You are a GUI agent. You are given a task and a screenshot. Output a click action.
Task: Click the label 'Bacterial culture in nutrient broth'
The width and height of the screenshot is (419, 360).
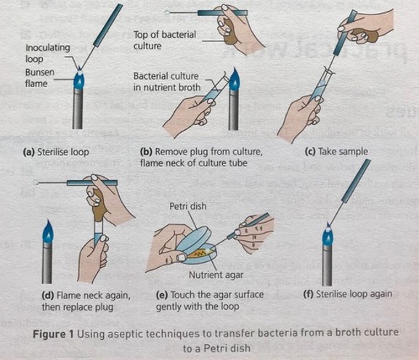171,81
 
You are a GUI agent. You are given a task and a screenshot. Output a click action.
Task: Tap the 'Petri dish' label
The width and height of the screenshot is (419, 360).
187,207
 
